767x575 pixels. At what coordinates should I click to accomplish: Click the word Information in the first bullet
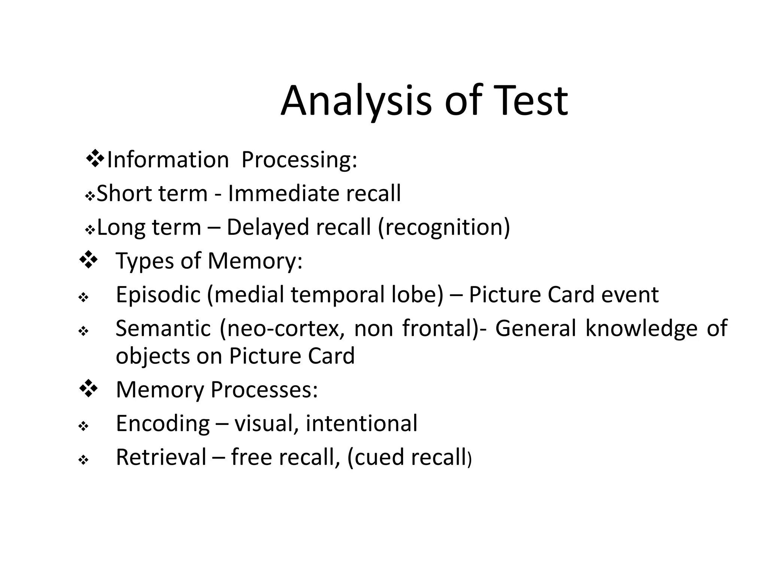168,160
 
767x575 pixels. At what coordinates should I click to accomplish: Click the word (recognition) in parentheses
444,227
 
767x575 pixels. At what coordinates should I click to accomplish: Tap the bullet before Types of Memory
88,259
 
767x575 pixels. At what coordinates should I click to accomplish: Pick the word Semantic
163,329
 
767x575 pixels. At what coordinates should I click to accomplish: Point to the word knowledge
641,329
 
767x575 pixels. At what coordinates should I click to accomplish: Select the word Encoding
163,424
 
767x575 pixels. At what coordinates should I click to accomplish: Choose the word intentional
361,423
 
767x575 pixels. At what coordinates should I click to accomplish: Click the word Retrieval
161,457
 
